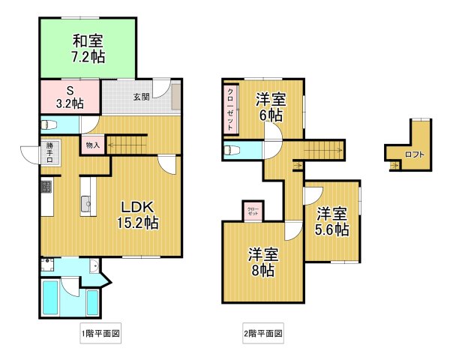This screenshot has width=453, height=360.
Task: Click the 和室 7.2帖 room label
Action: click(x=88, y=48)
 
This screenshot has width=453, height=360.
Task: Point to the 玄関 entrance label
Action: click(x=141, y=97)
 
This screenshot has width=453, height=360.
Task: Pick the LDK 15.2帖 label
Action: click(x=137, y=214)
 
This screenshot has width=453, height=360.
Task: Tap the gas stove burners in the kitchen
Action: click(x=46, y=185)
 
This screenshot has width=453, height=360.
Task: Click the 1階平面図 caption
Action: click(x=100, y=332)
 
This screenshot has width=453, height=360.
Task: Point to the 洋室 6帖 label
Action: click(x=270, y=106)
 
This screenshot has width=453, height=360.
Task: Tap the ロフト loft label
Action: click(x=413, y=155)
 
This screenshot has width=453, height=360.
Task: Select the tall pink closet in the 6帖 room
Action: click(x=230, y=109)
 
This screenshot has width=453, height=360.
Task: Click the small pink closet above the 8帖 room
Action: click(x=253, y=211)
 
